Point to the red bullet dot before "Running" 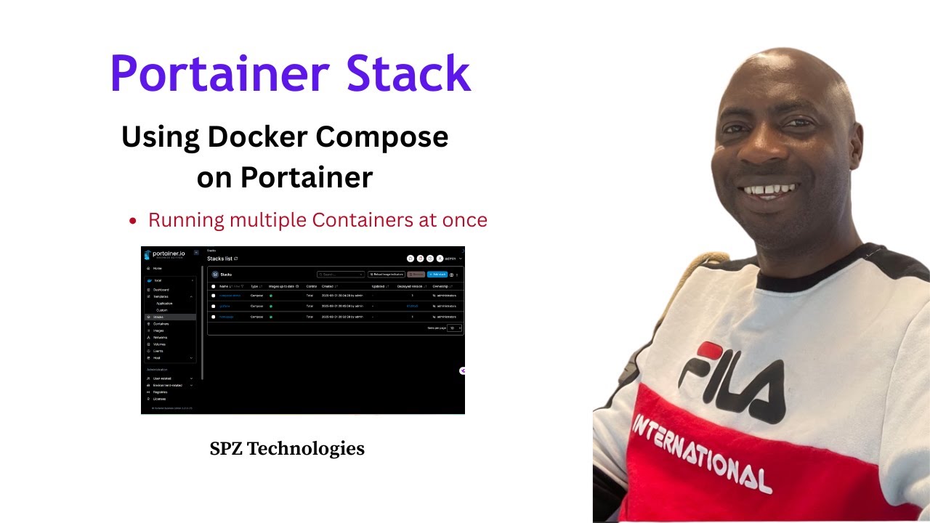coord(132,222)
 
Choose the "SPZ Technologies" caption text coord(287,449)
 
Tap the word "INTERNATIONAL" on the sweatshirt coord(700,453)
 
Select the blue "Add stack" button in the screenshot coord(437,275)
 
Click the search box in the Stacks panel coord(341,275)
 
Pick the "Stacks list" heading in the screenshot coord(221,259)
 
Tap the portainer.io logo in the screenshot coord(165,254)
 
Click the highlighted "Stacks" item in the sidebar coord(158,317)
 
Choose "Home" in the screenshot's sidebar coord(157,269)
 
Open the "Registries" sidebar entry coord(161,392)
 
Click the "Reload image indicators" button coord(387,275)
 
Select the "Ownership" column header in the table coord(444,286)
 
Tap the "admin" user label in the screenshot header coord(449,259)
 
